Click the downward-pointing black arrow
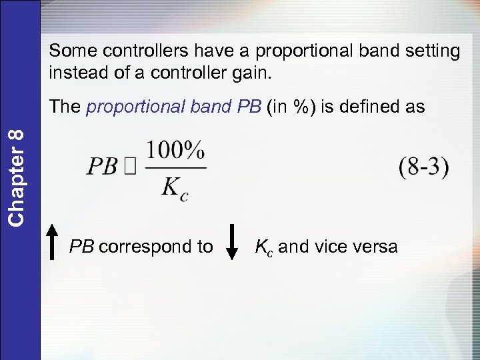click(x=232, y=242)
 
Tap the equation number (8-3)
click(x=424, y=167)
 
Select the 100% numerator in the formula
click(x=176, y=152)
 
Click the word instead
click(x=80, y=71)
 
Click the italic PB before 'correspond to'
click(x=81, y=247)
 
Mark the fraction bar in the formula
click(x=175, y=167)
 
